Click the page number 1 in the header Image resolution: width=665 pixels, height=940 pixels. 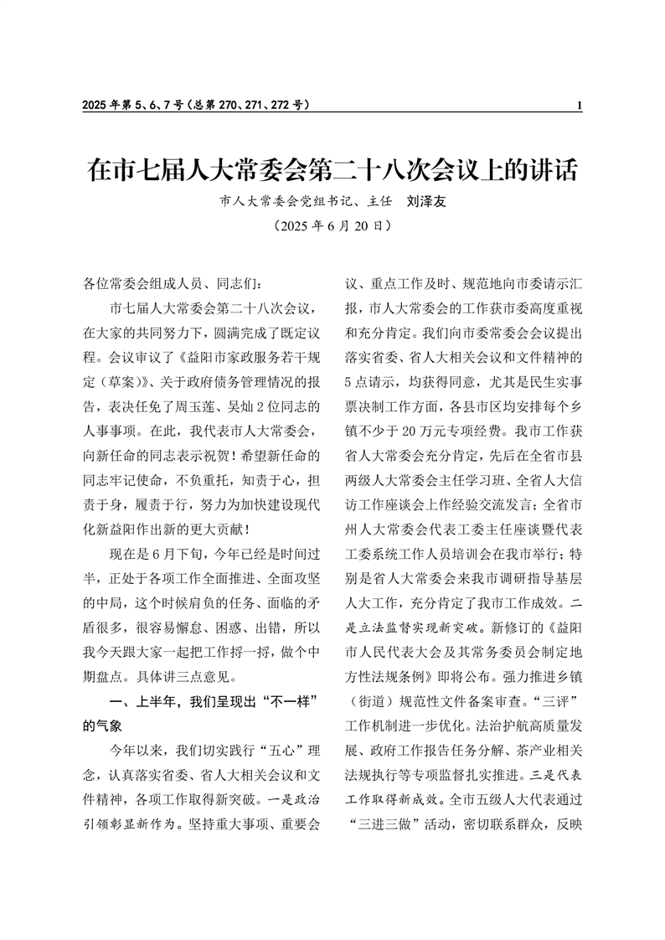[x=580, y=106]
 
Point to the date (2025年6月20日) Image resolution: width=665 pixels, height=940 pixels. [x=332, y=226]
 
